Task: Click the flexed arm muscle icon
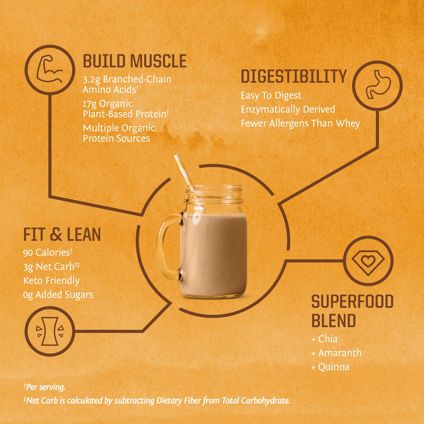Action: point(50,69)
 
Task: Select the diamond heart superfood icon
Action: point(368,261)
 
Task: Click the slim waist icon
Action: point(50,330)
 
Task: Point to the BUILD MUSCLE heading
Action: point(134,61)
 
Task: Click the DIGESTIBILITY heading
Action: point(293,77)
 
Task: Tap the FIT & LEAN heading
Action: point(62,234)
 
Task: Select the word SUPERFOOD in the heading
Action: point(352,302)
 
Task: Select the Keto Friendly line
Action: point(51,280)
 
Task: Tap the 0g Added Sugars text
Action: point(58,294)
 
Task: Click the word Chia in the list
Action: point(327,339)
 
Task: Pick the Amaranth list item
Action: point(339,353)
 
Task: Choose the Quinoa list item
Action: point(333,367)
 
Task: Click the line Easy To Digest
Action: point(271,95)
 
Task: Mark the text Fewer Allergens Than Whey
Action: point(300,123)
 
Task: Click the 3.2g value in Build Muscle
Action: point(92,79)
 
